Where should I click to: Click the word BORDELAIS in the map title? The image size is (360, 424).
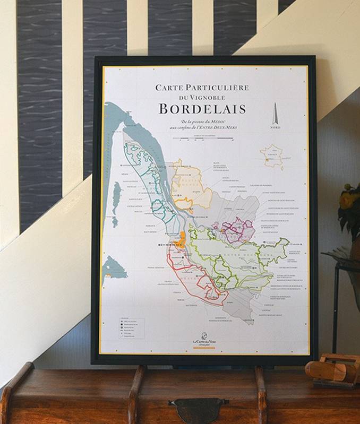click(x=202, y=109)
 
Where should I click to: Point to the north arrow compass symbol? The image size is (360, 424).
click(x=276, y=115)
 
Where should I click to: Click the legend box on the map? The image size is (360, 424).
click(x=130, y=329)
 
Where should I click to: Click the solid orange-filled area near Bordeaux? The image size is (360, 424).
click(x=182, y=239)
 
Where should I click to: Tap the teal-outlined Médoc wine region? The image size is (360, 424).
click(x=146, y=175)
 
